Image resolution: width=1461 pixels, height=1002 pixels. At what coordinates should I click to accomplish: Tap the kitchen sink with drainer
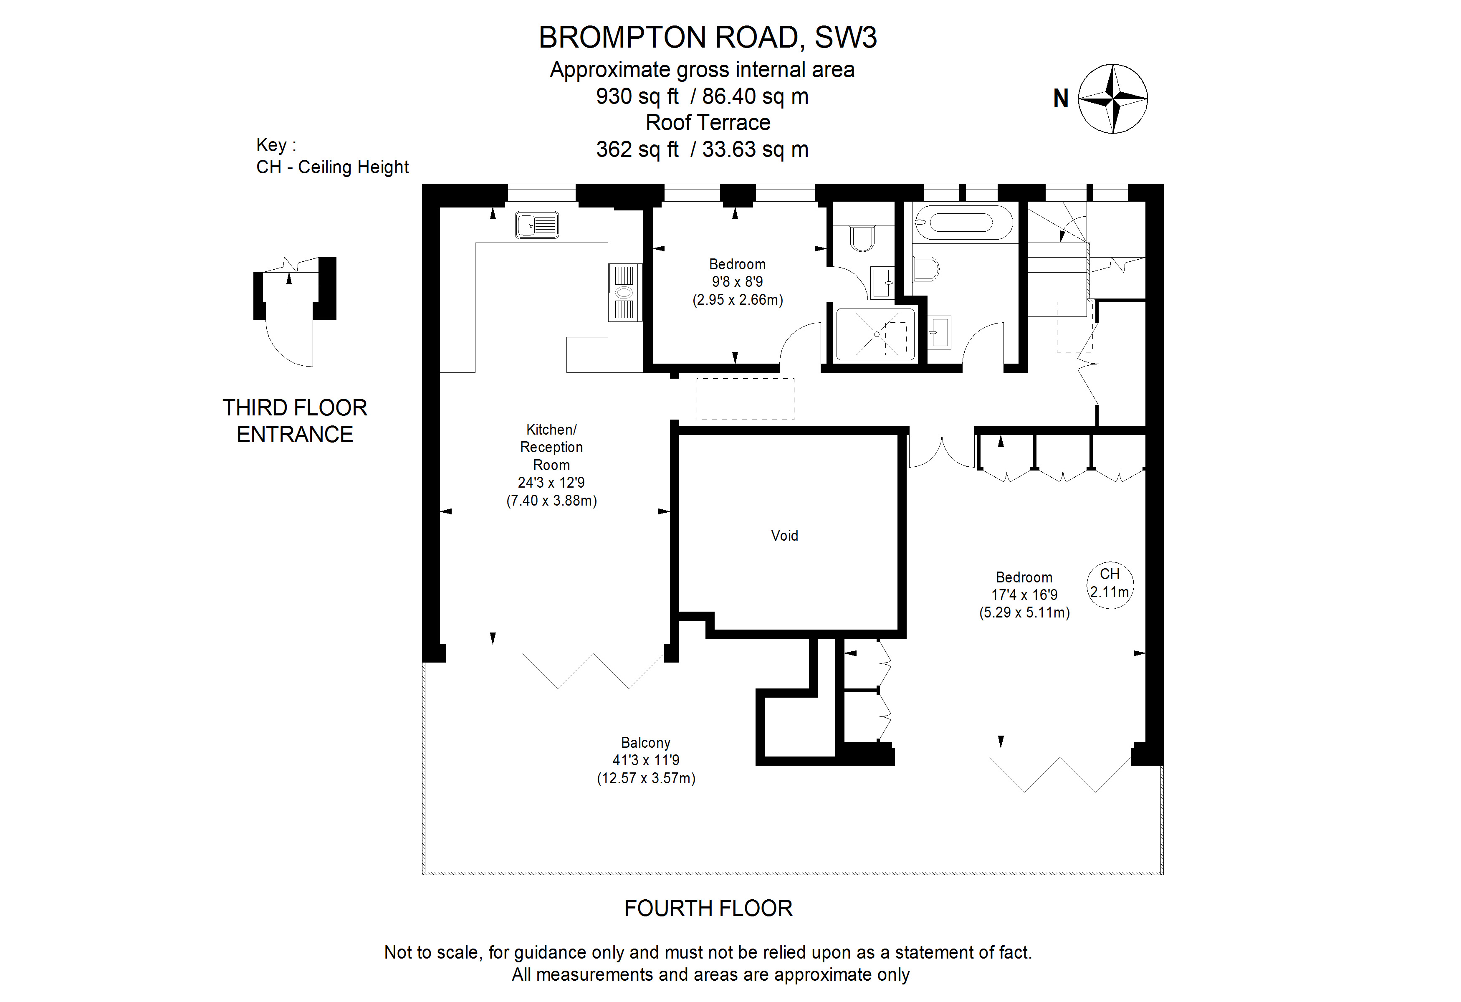point(536,225)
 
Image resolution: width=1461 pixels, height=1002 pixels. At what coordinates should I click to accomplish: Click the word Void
point(784,536)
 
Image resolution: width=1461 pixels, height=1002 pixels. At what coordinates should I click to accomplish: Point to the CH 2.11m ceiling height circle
point(1110,584)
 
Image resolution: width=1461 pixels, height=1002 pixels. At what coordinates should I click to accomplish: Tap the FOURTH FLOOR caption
point(708,908)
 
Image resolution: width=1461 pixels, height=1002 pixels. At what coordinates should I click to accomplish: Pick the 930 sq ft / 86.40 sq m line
point(702,96)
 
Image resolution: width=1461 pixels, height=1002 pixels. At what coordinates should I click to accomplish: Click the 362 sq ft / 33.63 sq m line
point(702,149)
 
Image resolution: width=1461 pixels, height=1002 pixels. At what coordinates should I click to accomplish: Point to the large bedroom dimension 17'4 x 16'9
point(1024,595)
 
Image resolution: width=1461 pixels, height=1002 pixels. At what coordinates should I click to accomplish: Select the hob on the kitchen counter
point(624,292)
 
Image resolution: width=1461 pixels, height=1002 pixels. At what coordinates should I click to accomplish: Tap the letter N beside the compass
point(1061,99)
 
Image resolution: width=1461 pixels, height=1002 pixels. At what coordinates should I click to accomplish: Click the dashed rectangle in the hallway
point(745,399)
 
